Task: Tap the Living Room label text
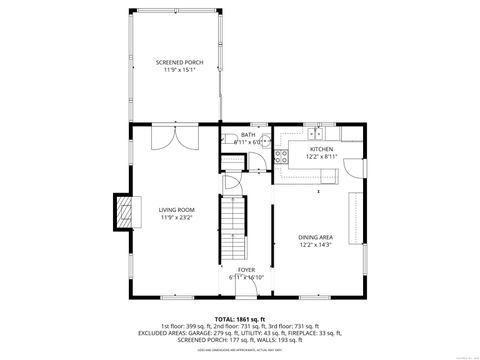click(x=175, y=210)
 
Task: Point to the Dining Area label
click(x=315, y=237)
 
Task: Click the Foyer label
click(x=245, y=269)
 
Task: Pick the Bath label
click(x=247, y=135)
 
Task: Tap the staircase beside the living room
click(x=233, y=229)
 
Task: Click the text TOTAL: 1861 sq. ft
click(x=240, y=318)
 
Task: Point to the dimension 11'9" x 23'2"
click(x=175, y=218)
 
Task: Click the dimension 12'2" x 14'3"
click(x=315, y=245)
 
